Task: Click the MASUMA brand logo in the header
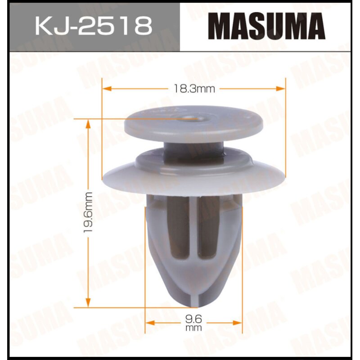point(269,26)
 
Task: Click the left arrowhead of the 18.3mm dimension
point(107,89)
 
